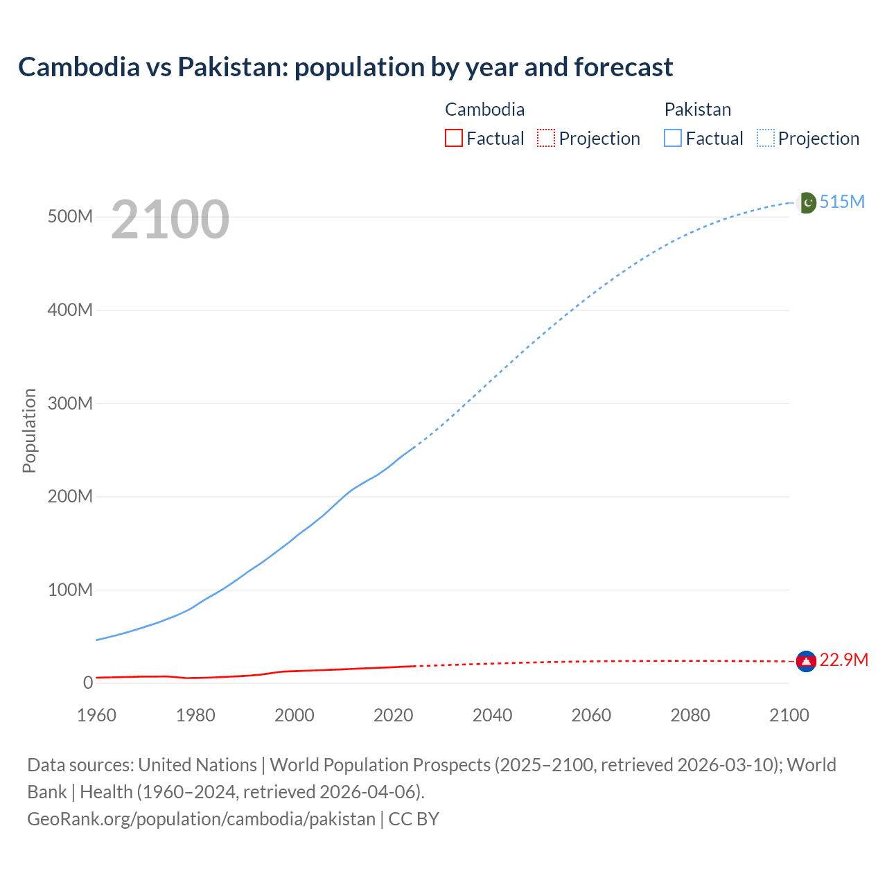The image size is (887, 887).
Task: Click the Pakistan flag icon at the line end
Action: tap(807, 202)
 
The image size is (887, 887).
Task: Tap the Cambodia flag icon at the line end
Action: tap(806, 661)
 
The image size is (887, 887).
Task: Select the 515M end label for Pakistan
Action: tap(842, 202)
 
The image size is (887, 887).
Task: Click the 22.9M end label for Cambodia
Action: tap(843, 660)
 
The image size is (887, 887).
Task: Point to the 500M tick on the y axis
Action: tap(70, 217)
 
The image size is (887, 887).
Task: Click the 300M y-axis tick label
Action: tap(70, 403)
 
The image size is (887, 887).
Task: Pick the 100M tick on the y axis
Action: tap(70, 590)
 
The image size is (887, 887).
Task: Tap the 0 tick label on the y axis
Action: tap(88, 683)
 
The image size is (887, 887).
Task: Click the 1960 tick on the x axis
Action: tap(96, 715)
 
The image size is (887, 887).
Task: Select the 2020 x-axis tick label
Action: tap(393, 715)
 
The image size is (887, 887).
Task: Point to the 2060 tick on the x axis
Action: tap(591, 715)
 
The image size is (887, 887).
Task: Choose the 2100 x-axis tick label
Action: tap(789, 715)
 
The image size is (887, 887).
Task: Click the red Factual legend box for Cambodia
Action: tap(453, 139)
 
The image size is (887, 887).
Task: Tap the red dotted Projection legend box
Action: tap(546, 139)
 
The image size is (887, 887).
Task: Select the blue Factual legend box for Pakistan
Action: tap(673, 139)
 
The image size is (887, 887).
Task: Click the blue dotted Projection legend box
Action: tap(766, 139)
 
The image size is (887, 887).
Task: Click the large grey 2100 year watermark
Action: tap(170, 220)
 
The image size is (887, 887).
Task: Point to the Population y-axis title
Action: tap(29, 430)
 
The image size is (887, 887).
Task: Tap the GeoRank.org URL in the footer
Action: tap(201, 819)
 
